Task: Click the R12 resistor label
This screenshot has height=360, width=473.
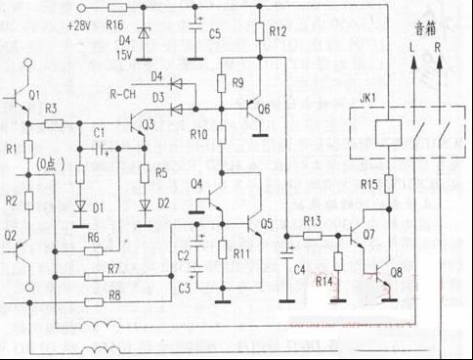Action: tap(278, 32)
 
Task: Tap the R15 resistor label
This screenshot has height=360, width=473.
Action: tap(367, 183)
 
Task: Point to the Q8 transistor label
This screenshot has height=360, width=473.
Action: tap(394, 272)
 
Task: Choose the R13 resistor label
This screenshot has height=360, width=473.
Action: tap(312, 221)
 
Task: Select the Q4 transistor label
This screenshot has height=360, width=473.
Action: tap(196, 183)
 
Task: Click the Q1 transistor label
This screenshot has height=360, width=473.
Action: tap(35, 95)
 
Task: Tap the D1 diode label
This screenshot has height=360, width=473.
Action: tap(97, 207)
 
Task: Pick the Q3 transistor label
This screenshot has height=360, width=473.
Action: tap(147, 124)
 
